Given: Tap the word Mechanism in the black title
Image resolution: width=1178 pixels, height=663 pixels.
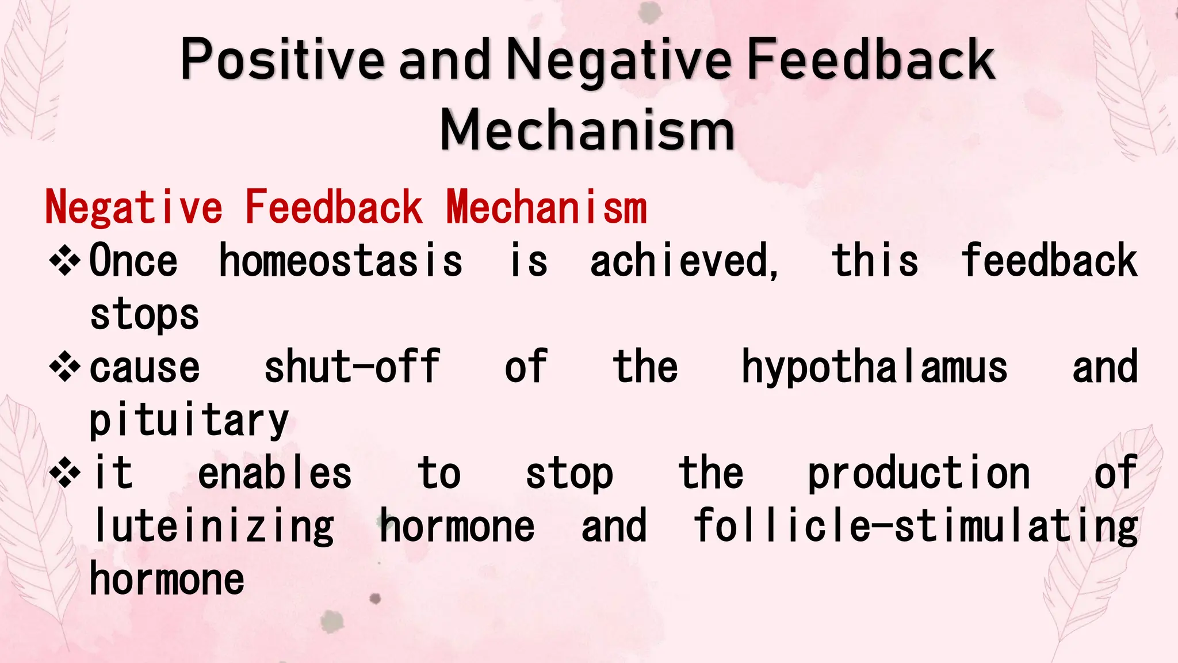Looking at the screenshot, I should pyautogui.click(x=587, y=131).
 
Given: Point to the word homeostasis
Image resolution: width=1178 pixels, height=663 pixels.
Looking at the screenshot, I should pyautogui.click(x=341, y=261).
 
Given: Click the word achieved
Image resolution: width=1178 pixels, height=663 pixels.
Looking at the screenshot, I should pyautogui.click(x=684, y=261).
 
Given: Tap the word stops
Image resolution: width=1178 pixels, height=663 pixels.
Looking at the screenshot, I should pyautogui.click(x=144, y=315).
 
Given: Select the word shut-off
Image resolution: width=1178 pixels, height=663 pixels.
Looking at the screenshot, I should pyautogui.click(x=352, y=367).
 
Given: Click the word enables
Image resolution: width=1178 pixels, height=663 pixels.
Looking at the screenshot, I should pyautogui.click(x=274, y=474).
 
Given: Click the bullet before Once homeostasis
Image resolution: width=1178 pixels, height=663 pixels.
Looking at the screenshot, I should pyautogui.click(x=64, y=261).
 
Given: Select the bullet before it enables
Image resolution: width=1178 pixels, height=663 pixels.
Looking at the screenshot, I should pyautogui.click(x=64, y=474).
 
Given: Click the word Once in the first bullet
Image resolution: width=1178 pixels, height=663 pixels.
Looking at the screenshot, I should pyautogui.click(x=133, y=261).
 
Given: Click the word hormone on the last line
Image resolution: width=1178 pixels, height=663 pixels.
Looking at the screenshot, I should pyautogui.click(x=167, y=579).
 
